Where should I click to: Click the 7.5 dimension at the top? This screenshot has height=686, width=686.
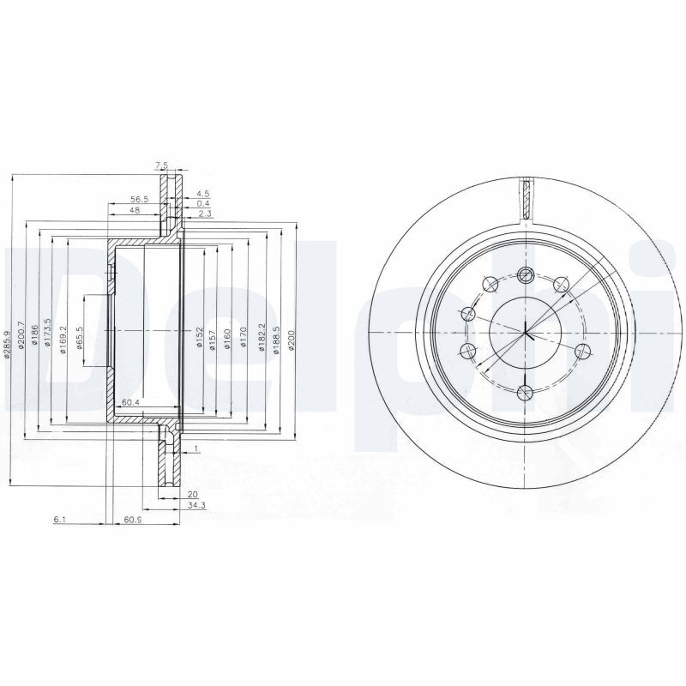pos(160,166)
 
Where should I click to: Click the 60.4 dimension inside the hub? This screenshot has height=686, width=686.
pos(130,402)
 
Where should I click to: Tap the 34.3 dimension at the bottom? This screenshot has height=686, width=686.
pos(196,506)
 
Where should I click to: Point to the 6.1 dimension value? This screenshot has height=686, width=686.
pos(58,520)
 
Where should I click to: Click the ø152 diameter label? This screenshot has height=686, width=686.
pos(199,337)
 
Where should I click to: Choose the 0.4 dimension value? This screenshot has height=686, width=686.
pos(203,203)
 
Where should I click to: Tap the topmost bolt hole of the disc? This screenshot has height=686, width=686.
pos(526,275)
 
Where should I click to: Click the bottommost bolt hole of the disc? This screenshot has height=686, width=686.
pos(526,393)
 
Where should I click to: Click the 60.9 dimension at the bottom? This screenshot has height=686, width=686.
pos(132,520)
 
